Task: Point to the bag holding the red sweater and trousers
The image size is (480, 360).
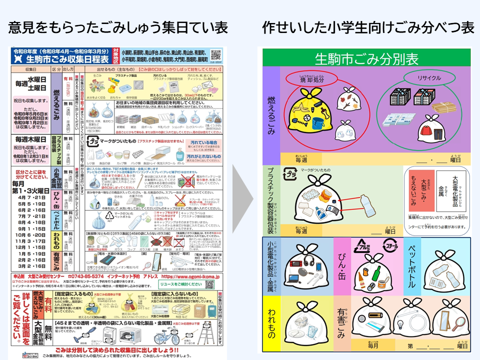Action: click(432, 130)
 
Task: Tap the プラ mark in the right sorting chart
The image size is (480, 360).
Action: click(290, 175)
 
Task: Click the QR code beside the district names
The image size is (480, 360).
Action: click(215, 54)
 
